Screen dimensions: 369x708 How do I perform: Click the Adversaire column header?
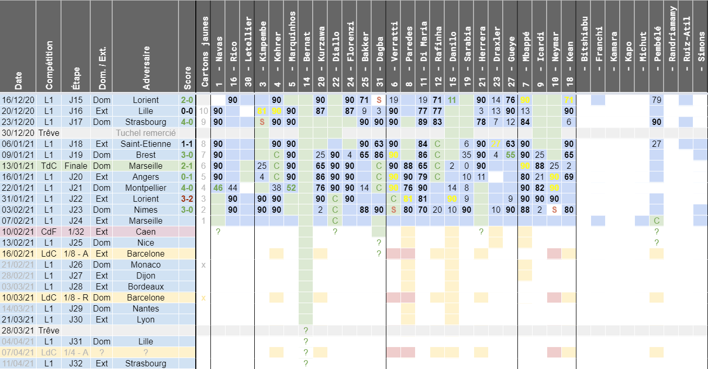click(146, 65)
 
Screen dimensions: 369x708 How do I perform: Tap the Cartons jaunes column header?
click(204, 52)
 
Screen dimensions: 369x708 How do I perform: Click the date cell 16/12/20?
click(18, 100)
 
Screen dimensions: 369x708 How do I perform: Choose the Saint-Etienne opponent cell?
click(146, 144)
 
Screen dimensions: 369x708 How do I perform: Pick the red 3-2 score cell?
click(187, 199)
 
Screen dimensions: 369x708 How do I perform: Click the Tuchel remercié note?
click(146, 133)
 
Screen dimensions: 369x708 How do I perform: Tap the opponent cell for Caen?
click(146, 232)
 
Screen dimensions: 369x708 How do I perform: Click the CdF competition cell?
click(49, 232)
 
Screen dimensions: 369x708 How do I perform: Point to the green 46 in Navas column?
click(218, 188)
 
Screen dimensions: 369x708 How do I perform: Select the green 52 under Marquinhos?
click(291, 188)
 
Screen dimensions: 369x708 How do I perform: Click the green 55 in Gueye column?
click(511, 155)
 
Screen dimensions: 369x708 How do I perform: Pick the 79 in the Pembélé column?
click(657, 100)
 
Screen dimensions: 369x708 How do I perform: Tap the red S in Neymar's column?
click(554, 210)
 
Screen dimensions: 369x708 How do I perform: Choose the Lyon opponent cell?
click(146, 319)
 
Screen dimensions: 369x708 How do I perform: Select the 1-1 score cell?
click(187, 144)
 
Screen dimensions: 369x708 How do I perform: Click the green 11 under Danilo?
click(452, 100)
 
